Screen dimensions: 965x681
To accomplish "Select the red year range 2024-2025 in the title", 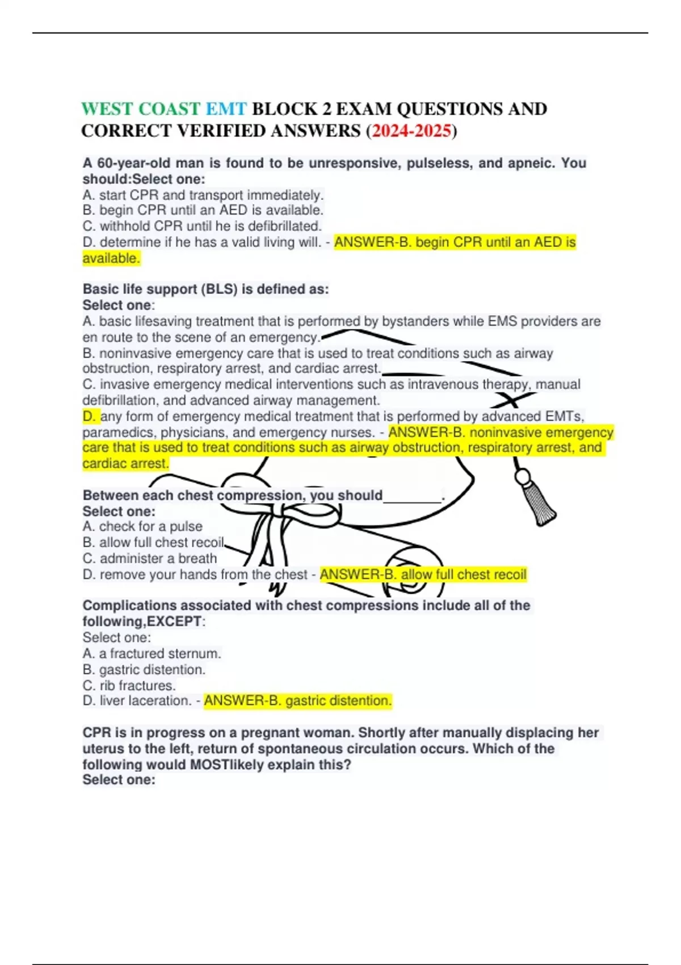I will click(x=411, y=131).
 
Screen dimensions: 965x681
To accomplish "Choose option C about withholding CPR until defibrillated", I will click(x=202, y=226).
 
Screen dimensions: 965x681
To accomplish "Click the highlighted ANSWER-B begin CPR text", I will click(x=455, y=242).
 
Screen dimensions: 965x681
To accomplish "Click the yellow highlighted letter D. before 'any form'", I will click(x=90, y=417).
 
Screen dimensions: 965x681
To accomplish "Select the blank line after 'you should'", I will click(x=413, y=496).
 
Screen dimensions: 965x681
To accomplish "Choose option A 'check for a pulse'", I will click(x=142, y=527).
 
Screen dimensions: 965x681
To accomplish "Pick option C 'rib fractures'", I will click(x=129, y=686).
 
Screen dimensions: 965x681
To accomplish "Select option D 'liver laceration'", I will click(x=137, y=701).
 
